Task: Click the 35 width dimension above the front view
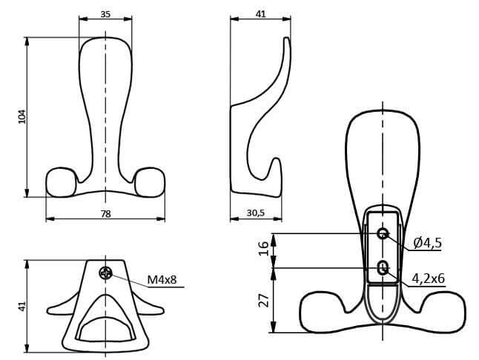tap(105, 13)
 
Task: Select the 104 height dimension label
tap(22, 117)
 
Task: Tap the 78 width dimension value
tap(105, 213)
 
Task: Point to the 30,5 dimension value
tap(255, 213)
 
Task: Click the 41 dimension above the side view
tap(260, 13)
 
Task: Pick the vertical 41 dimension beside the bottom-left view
tap(22, 305)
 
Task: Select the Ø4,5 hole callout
tap(427, 242)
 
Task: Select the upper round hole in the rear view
tap(383, 234)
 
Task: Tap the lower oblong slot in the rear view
tap(383, 268)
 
